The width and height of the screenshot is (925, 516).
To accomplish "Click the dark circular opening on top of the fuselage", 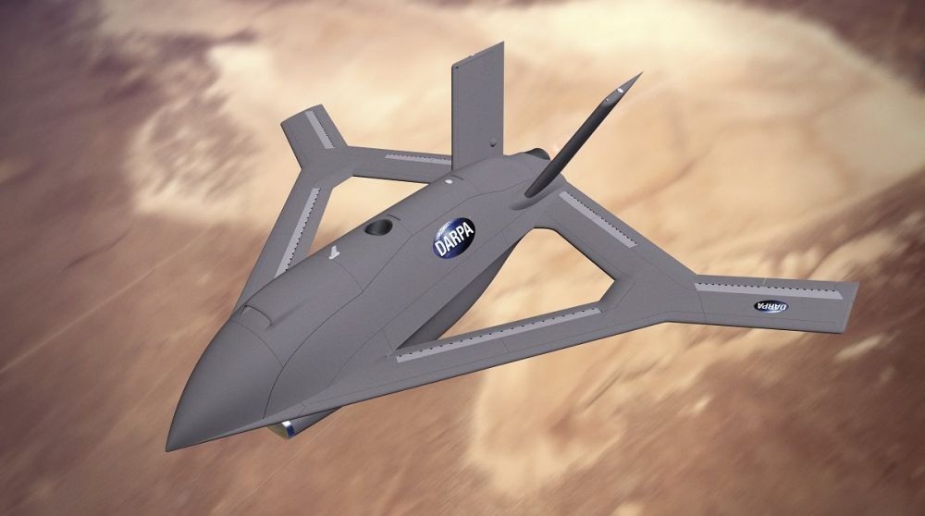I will [x=377, y=227].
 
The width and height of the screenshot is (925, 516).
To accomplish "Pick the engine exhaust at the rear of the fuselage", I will [x=536, y=154].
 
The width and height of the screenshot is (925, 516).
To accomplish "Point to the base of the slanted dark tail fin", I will [x=535, y=190].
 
